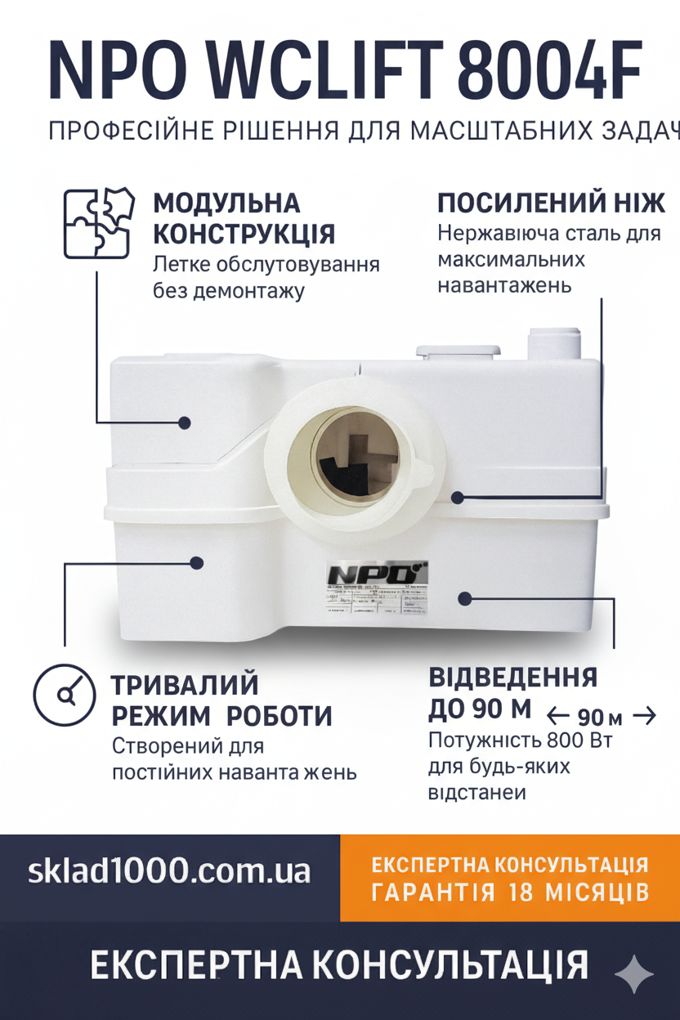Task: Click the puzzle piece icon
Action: pos(99,223)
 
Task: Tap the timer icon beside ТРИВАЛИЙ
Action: pos(65,695)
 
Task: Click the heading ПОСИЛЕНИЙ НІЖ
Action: pos(551,204)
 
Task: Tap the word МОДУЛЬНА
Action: pos(226,204)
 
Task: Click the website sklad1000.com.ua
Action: pos(169,870)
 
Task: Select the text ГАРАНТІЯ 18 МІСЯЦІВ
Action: pos(510,891)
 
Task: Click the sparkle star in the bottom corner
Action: pos(633,974)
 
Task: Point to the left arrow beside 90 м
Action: pos(558,717)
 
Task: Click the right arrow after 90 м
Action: pos(645,716)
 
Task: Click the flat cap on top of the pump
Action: pos(458,350)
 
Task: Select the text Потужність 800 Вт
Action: pos(520,740)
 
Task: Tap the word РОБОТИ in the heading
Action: pos(279,716)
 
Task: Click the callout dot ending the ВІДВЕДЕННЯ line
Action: pos(465,599)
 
